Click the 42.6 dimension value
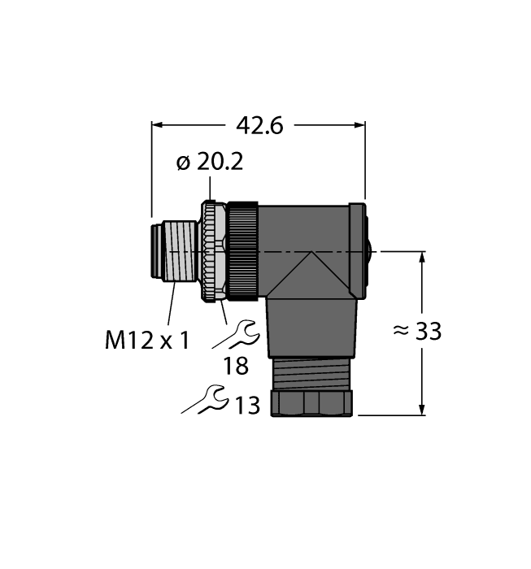(259, 126)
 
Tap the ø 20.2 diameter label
(210, 163)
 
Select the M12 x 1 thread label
(147, 339)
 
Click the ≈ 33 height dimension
(416, 331)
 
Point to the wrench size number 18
(236, 366)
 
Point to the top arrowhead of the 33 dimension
(422, 259)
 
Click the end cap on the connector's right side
(358, 250)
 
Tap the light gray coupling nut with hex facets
(213, 252)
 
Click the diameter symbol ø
(183, 163)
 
